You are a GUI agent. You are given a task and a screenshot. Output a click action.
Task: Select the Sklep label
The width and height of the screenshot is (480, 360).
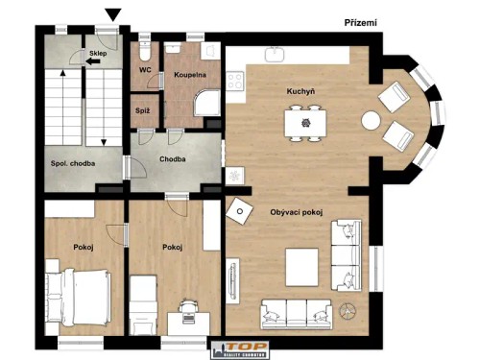98,55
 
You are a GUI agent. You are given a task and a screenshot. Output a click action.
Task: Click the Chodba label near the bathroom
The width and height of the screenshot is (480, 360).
173,159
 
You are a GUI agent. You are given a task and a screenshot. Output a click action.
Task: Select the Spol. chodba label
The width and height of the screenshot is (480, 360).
73,163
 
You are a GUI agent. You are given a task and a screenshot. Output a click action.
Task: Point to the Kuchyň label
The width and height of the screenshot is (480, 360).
300,92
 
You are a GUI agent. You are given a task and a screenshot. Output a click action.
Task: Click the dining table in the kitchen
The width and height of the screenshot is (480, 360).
304,122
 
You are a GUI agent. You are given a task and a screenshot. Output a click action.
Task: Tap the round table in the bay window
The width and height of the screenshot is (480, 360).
371,120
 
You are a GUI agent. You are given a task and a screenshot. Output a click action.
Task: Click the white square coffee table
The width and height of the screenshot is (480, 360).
302,265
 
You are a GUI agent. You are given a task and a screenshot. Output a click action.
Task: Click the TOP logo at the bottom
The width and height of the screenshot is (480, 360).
238,349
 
